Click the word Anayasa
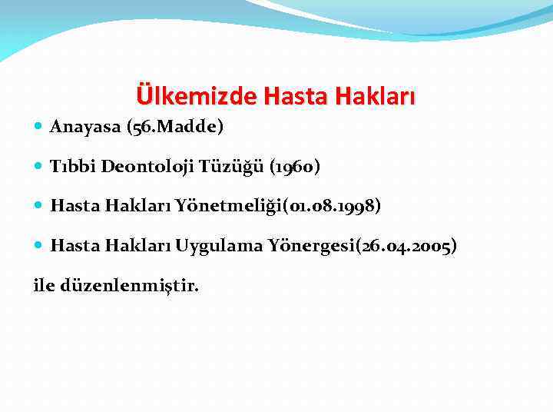pyautogui.click(x=82, y=127)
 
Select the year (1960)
pyautogui.click(x=295, y=166)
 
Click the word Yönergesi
pyautogui.click(x=305, y=246)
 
